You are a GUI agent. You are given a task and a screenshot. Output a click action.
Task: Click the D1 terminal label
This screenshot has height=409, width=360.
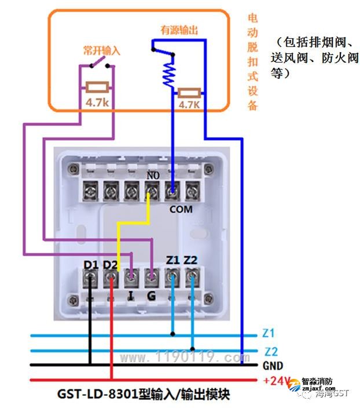click(91, 265)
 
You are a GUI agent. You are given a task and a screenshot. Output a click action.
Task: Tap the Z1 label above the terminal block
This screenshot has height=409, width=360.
click(172, 260)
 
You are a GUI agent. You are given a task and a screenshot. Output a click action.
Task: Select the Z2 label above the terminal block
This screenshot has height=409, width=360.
click(191, 260)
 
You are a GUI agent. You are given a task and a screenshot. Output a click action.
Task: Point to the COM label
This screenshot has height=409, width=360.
click(181, 209)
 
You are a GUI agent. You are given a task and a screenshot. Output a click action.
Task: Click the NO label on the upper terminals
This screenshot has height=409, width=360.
click(153, 174)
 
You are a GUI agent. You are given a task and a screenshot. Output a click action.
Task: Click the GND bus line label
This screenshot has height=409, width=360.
click(272, 366)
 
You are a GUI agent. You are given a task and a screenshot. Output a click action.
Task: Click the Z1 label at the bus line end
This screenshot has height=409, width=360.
click(268, 334)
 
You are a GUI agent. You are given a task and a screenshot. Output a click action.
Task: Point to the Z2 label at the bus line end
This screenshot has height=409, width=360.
click(271, 351)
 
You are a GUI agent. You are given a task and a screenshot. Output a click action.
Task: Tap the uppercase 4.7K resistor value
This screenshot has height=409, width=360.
click(189, 105)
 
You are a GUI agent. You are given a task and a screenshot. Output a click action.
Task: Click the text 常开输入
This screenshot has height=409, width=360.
click(101, 51)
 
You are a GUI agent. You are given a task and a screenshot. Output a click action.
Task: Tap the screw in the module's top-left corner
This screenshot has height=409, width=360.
click(73, 169)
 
